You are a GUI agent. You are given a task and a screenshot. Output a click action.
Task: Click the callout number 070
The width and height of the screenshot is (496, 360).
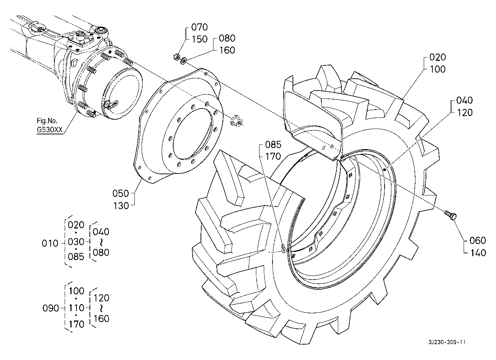pos(199,27)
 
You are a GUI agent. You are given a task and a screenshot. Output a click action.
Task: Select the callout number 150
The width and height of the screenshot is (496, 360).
pos(199,39)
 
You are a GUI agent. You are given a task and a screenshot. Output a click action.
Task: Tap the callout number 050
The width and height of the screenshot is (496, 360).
pos(120,194)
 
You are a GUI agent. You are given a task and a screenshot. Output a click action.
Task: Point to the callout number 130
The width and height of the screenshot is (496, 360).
pos(121,206)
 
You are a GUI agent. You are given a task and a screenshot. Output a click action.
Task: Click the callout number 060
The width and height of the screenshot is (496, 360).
pos(478,240)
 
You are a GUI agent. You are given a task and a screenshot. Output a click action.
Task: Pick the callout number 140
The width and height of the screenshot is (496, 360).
pos(478,253)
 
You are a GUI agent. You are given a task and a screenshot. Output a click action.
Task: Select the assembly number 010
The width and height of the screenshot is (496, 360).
pos(50,243)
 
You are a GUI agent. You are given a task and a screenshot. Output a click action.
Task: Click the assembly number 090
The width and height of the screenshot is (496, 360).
pos(50,308)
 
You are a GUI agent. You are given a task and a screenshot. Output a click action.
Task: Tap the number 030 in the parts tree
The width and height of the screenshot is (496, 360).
pos(76,241)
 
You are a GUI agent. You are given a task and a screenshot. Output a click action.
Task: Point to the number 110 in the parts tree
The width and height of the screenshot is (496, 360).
pos(77,308)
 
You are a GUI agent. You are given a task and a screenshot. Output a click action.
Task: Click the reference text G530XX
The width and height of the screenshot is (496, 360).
pos(50,130)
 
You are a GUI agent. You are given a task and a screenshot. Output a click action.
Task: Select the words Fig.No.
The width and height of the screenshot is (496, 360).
pos(47,121)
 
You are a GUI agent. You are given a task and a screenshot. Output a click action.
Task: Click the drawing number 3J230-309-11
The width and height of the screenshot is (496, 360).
pos(447,342)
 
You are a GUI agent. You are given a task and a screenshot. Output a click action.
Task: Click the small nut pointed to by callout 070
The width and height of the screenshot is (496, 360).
pos(177,57)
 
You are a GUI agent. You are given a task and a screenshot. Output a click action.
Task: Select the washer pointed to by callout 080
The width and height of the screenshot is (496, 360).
pos(184,61)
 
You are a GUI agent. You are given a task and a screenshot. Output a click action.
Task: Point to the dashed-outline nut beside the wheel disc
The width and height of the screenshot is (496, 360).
pos(236,121)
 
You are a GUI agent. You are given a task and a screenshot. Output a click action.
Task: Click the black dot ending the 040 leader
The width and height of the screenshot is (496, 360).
pos(385,170)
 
